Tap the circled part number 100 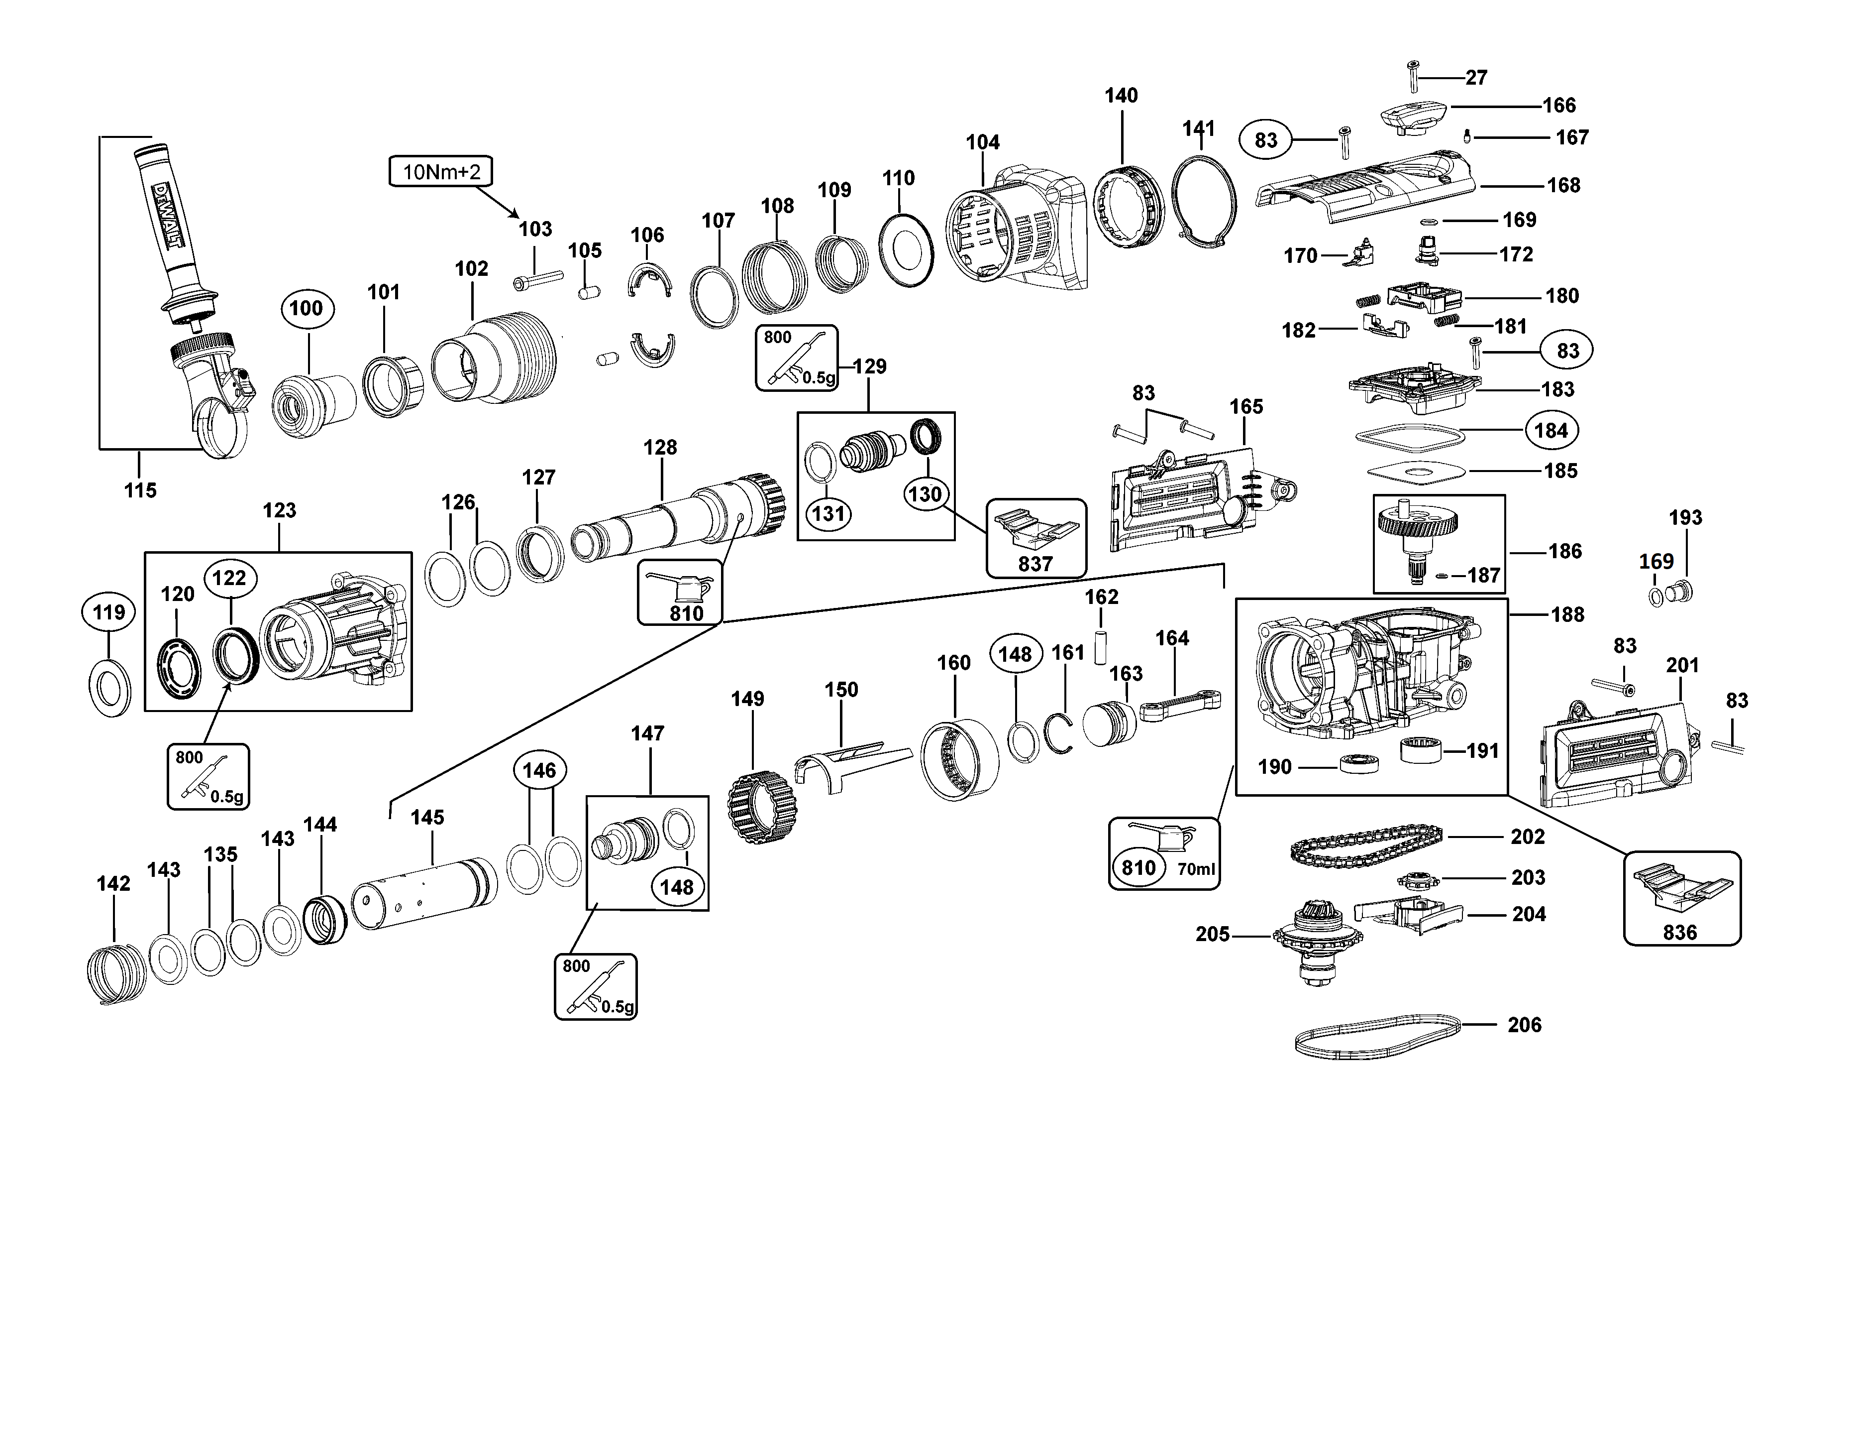[x=307, y=309]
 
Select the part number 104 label [x=982, y=142]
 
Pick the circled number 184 [x=1551, y=431]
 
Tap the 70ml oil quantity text [x=1196, y=869]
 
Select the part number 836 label [x=1679, y=933]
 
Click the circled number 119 [x=108, y=612]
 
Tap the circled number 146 [x=539, y=771]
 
